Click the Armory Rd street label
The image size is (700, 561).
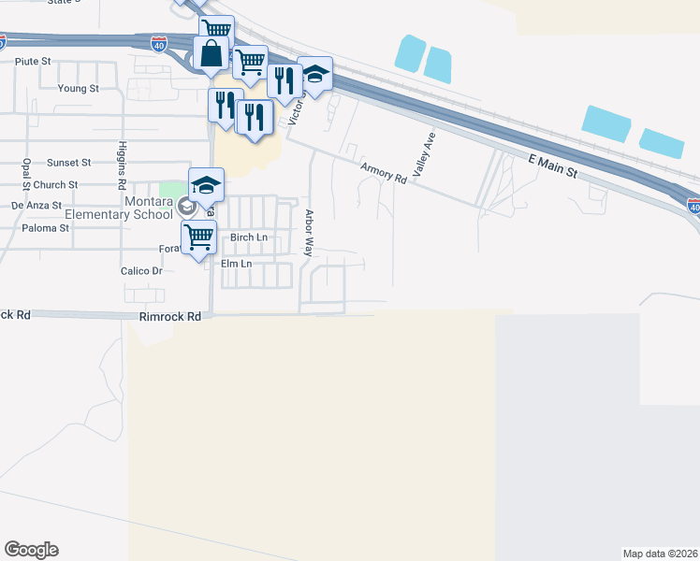384,172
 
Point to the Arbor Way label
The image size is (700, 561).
308,233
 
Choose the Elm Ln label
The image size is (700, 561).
236,265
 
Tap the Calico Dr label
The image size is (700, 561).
141,271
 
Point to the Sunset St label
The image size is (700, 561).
69,162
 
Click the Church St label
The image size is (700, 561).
68,185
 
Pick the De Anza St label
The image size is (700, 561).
36,205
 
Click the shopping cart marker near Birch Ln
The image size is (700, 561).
198,237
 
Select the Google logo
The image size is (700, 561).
31,550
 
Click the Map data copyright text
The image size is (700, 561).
660,554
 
